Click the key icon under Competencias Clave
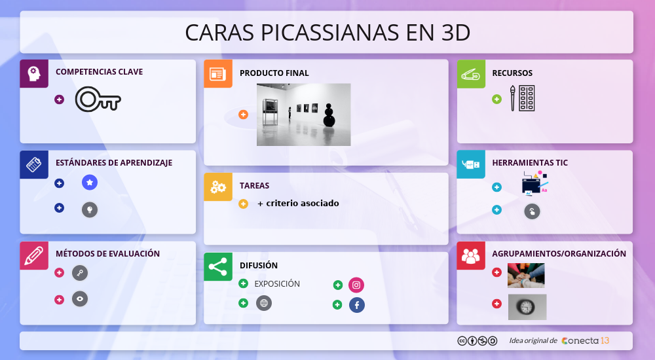click(x=98, y=99)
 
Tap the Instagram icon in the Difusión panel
click(x=356, y=285)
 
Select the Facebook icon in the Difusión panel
click(x=356, y=304)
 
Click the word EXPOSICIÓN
click(x=277, y=284)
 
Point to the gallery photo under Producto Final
click(x=303, y=115)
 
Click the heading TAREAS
click(x=254, y=186)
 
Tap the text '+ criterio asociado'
click(x=298, y=204)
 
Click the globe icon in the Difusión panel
click(x=263, y=303)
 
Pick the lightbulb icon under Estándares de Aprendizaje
click(x=90, y=209)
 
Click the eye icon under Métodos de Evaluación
click(x=80, y=299)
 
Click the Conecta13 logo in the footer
click(x=586, y=340)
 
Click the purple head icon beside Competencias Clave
click(x=34, y=73)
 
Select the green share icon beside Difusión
click(x=217, y=266)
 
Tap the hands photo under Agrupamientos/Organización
click(x=526, y=276)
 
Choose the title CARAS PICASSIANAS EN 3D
click(x=327, y=32)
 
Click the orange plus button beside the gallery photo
click(x=244, y=115)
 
